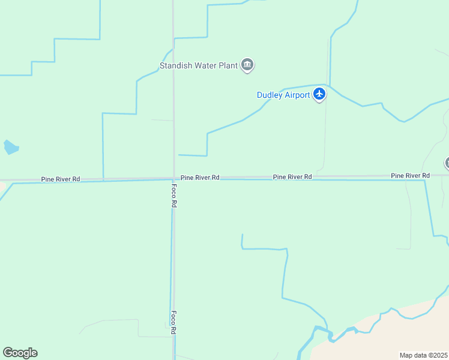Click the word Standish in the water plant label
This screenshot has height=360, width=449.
point(175,65)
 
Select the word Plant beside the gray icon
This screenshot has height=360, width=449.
point(229,65)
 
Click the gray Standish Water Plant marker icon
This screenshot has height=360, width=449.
point(247,65)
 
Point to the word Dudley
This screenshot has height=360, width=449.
point(270,95)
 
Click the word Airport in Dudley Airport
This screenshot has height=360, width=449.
point(298,95)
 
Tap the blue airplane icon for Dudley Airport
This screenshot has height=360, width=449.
point(319,94)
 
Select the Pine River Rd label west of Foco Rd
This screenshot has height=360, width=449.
point(61,179)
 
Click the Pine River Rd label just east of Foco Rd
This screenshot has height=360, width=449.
point(200,178)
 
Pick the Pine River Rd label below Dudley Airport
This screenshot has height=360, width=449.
point(292,177)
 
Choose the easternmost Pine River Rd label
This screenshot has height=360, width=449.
point(410,175)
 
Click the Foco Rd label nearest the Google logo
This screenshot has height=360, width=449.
point(173,322)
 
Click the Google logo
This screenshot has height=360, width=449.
point(20,353)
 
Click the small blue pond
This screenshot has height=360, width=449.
point(11,147)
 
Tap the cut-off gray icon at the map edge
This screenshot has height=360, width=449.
point(447,163)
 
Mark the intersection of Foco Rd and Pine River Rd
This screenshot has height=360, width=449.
point(174,178)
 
